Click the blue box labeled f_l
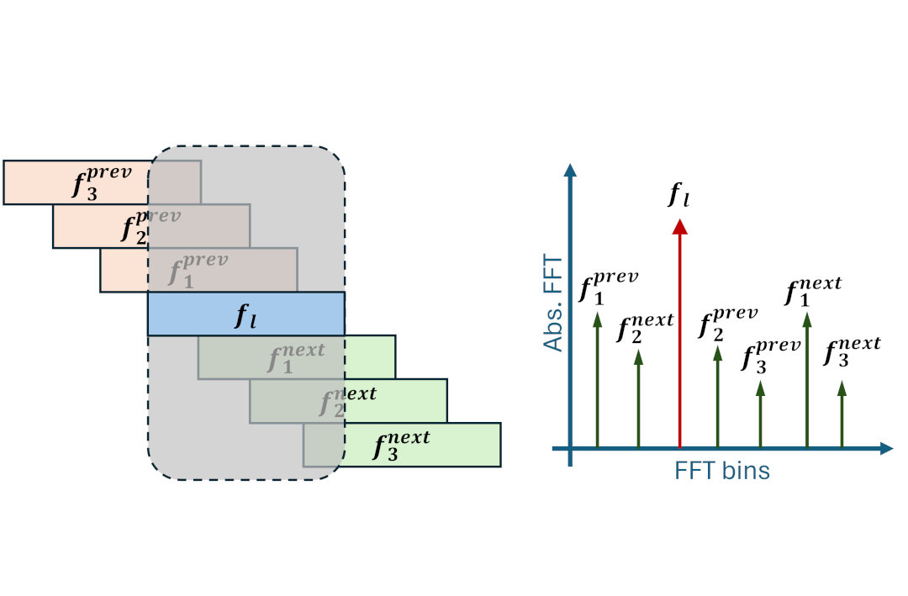pos(245,314)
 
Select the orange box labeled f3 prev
pos(76,182)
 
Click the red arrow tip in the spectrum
pos(679,226)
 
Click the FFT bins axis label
pos(721,471)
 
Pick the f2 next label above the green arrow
pos(644,329)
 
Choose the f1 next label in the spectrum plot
pos(812,291)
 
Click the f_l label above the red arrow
pos(679,196)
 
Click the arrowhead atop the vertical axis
pos(571,169)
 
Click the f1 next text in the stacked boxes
pos(295,357)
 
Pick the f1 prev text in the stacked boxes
pos(198,270)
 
